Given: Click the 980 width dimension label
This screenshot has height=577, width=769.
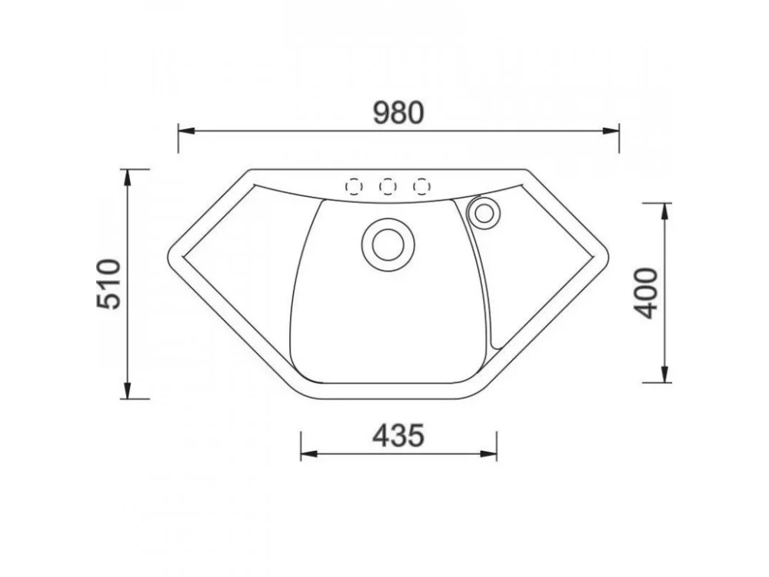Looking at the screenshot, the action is click(x=398, y=113).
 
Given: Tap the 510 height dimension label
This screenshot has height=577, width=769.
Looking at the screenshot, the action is click(x=108, y=284).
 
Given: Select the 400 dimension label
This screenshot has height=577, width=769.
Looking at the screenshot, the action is click(x=645, y=293).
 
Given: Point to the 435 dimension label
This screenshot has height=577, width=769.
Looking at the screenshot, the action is click(x=398, y=435).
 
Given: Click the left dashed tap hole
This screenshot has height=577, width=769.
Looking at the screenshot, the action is click(x=354, y=186).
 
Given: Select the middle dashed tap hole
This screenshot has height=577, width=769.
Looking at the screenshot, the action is click(x=388, y=186).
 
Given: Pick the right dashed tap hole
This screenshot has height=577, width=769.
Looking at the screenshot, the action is click(x=421, y=186).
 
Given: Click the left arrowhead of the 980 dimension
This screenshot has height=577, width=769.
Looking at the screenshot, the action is click(x=186, y=131).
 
